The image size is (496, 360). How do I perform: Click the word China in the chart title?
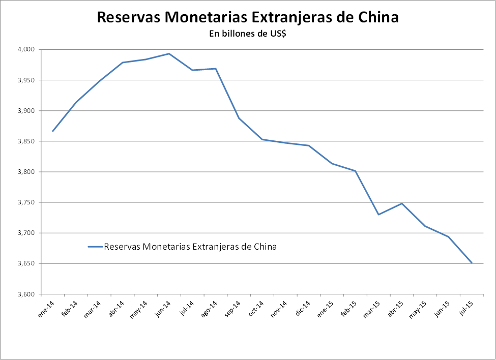374,17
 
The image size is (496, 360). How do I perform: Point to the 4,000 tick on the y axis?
26,49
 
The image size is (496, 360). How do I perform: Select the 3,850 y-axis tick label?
26,141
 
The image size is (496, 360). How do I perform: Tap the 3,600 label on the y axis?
26,294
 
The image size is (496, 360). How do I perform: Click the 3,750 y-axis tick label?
26,202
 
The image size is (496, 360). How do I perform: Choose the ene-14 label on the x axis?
46,310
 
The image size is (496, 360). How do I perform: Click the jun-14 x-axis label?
162,310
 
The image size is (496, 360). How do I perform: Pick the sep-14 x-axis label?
232,310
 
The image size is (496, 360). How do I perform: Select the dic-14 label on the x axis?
302,310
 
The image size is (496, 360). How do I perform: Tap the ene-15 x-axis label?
326,310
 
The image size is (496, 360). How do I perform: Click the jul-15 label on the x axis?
465,310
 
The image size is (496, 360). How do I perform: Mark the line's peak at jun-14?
169,53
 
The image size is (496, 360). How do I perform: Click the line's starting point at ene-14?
52,131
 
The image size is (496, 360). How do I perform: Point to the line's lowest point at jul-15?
472,263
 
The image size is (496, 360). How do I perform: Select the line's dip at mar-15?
378,215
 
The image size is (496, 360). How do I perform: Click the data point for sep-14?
239,118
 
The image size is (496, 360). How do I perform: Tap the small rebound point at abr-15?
402,203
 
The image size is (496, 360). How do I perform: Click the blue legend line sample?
95,247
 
